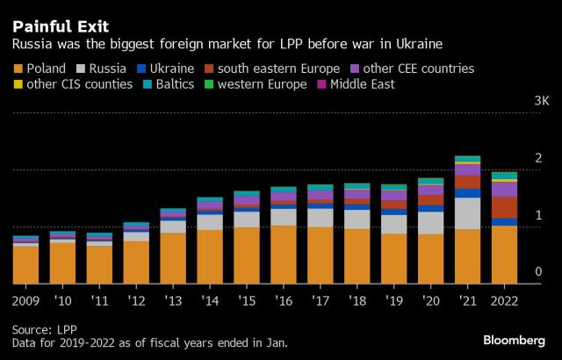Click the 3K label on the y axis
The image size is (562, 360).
542,103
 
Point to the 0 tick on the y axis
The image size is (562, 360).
537,273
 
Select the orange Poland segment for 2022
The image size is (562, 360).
504,255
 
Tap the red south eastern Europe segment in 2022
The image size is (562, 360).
504,207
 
